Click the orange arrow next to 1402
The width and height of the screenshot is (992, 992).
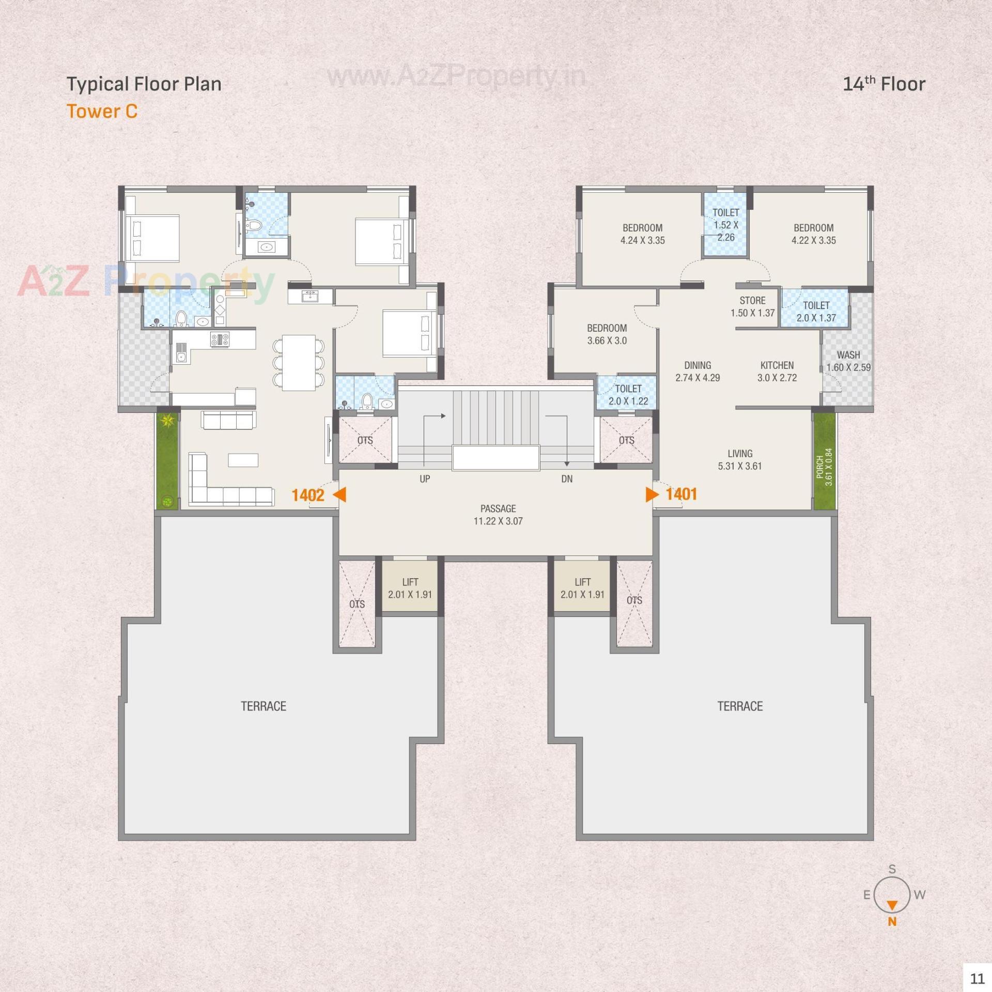coord(339,495)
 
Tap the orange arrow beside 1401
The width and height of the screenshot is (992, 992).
coord(652,494)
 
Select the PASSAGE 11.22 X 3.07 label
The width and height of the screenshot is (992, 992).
coord(498,515)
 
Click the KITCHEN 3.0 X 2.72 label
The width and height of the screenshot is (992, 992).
coord(777,371)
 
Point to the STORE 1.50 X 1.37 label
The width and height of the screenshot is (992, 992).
coord(752,306)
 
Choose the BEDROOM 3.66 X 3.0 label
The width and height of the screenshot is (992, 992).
coord(607,334)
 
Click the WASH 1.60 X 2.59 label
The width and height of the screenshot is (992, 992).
coord(848,361)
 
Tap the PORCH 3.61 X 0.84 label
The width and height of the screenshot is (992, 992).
coord(824,467)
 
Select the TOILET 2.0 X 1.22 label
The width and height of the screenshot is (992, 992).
coord(628,394)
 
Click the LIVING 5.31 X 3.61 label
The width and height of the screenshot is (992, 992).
coord(739,459)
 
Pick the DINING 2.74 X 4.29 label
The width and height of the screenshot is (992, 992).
coord(698,371)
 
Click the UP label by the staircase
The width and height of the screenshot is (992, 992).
coord(425,479)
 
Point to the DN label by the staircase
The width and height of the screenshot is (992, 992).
coord(567,479)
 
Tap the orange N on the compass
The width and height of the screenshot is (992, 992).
coord(892,921)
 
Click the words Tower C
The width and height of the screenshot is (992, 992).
coord(102,111)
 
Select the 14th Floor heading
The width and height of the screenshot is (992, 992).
coord(884,84)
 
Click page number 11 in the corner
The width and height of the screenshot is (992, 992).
coord(977,978)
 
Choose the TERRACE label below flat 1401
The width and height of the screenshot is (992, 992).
coord(739,706)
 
